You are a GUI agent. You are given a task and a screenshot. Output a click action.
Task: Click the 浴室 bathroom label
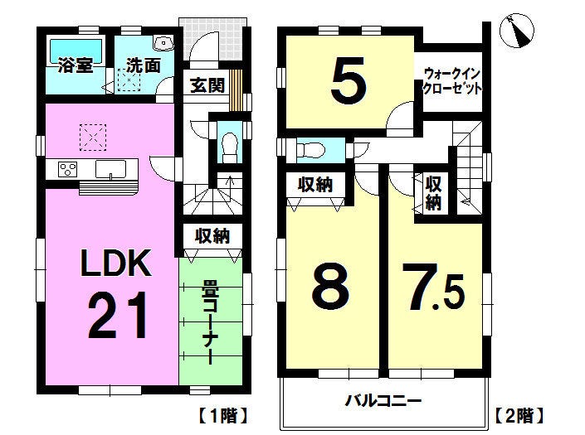pos(76,65)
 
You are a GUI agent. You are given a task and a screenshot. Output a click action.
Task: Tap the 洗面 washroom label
pos(143,65)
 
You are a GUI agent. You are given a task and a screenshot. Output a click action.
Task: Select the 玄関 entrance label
pos(207,85)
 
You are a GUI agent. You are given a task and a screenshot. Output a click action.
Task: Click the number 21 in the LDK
pos(118,315)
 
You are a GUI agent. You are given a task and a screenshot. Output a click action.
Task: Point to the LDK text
pos(116,263)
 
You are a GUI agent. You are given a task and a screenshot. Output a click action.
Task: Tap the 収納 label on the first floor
pos(212,236)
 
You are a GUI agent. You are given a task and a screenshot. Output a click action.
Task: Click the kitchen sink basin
pos(110,170)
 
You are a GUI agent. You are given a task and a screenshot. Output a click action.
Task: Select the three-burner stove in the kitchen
pos(68,170)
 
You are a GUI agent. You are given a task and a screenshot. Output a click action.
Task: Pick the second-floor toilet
pos(310,151)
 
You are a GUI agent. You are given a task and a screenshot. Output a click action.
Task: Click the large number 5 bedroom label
pos(349,81)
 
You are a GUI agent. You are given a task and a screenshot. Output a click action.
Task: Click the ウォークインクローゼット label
pos(451,81)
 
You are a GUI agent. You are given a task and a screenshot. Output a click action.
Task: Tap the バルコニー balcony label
pos(383,402)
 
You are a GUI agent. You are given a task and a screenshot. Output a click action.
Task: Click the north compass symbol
pos(517,31)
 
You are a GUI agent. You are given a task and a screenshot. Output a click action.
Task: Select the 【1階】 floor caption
pos(222,416)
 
